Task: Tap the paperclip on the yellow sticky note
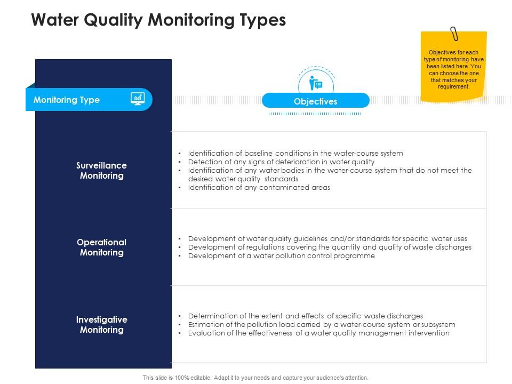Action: click(454, 34)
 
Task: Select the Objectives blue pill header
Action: click(316, 101)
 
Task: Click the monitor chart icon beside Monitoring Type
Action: click(138, 99)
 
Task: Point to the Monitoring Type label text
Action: click(67, 100)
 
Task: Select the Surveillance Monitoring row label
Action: click(101, 171)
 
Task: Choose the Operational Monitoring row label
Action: click(101, 247)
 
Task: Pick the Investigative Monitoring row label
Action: click(101, 325)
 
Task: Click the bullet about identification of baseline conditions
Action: click(295, 153)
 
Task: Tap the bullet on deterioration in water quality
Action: click(281, 162)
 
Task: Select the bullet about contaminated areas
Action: click(259, 187)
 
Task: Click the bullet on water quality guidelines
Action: click(327, 238)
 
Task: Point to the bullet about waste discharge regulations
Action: click(330, 247)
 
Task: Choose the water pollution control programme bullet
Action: click(281, 255)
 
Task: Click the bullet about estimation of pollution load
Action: click(322, 324)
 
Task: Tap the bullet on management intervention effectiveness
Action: click(318, 333)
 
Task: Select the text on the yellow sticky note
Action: click(454, 69)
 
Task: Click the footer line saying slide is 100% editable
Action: click(255, 378)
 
